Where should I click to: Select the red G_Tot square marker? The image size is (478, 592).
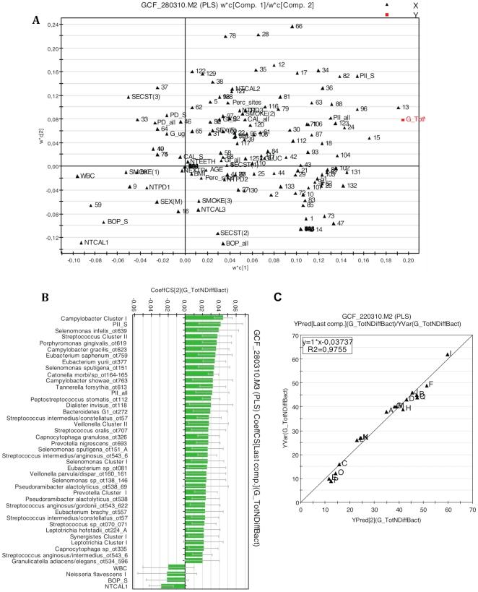click(x=403, y=119)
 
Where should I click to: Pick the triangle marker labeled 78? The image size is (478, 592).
click(x=225, y=36)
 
